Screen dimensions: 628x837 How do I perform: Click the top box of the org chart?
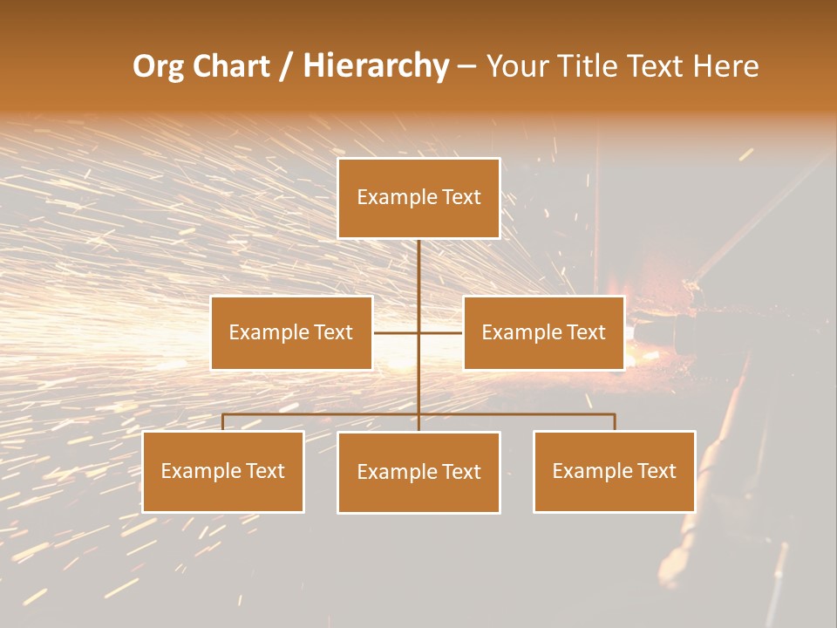(x=418, y=198)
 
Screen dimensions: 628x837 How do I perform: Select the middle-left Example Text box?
(x=291, y=332)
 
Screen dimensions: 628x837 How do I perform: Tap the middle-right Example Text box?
(x=544, y=332)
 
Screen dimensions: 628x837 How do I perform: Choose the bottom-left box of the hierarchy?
(x=223, y=471)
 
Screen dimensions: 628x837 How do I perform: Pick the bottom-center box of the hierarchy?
(x=418, y=472)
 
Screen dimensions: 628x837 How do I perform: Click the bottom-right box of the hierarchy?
(x=615, y=471)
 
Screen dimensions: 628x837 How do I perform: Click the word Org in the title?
(x=158, y=67)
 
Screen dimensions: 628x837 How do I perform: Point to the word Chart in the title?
(x=230, y=67)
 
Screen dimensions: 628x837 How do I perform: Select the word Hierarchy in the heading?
(x=376, y=67)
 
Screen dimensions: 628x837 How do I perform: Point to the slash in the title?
(x=286, y=67)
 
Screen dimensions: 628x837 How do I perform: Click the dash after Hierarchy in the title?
(x=466, y=67)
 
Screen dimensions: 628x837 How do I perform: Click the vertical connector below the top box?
(x=418, y=279)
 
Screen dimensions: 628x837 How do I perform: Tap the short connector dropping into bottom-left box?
(x=223, y=422)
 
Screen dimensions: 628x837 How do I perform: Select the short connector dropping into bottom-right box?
(x=615, y=422)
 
